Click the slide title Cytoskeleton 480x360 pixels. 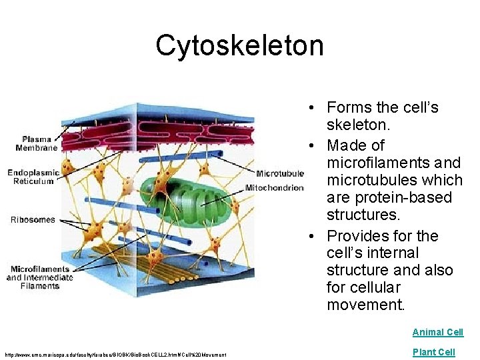(239, 46)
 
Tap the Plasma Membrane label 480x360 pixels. (39, 143)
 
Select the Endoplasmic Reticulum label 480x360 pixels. (33, 177)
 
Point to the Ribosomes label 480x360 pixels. (33, 220)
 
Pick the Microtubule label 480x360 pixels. (279, 173)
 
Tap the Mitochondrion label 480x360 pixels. (274, 187)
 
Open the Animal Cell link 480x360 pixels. (437, 332)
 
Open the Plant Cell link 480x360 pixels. (433, 352)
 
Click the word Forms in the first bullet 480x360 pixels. (349, 108)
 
